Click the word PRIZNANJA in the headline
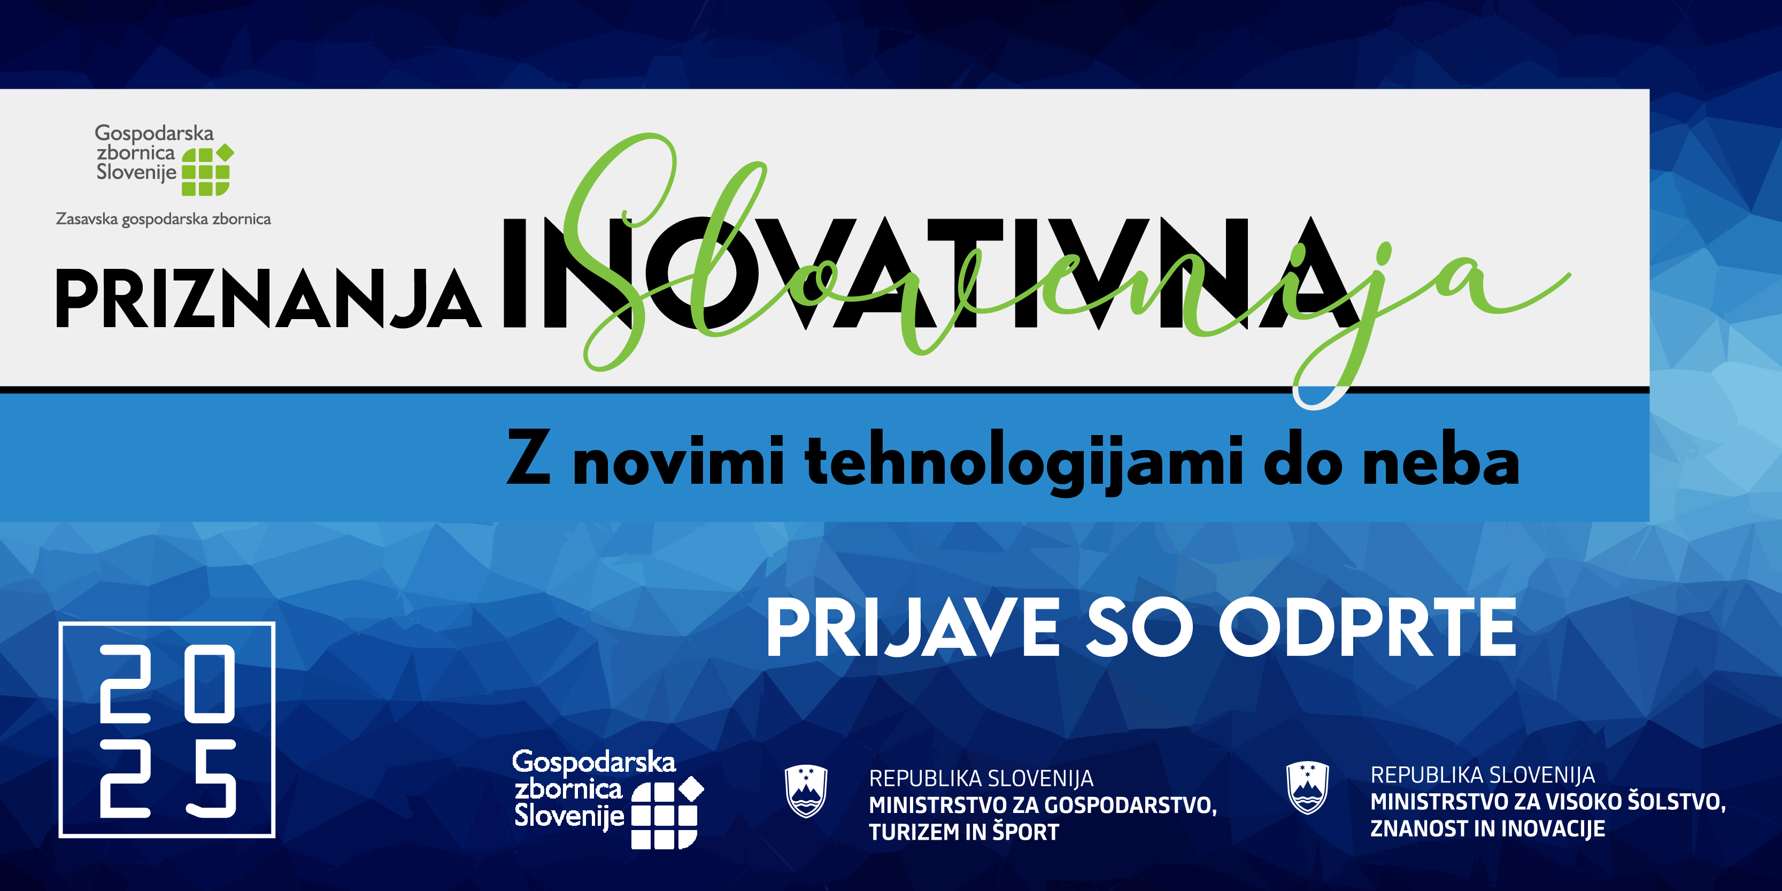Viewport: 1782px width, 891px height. (x=268, y=298)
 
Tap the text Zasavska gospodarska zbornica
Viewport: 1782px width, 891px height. (x=163, y=219)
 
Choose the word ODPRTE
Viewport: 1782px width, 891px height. (x=1368, y=627)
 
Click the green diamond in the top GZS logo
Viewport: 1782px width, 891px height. (x=225, y=152)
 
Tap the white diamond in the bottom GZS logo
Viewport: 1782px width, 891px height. (x=691, y=788)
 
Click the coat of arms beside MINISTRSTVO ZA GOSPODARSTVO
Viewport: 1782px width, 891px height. (x=807, y=792)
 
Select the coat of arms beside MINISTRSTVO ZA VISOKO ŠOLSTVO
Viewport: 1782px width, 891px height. (x=1307, y=788)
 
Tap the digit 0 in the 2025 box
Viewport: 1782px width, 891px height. (x=214, y=684)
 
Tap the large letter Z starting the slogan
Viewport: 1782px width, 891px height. (x=529, y=458)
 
